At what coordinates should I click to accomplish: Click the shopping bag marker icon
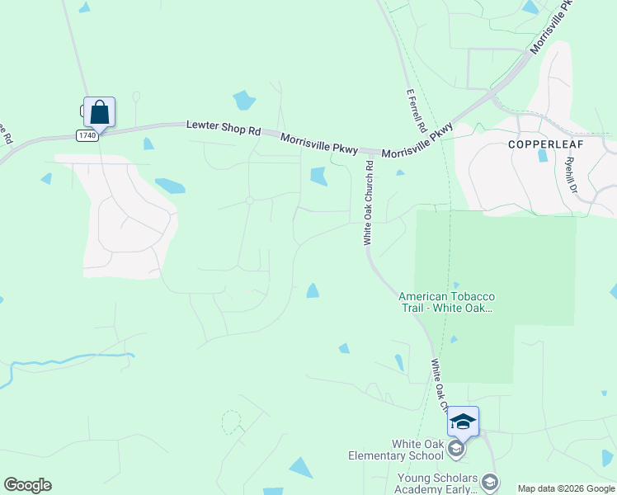(99, 111)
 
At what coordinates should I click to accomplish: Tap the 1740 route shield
(87, 134)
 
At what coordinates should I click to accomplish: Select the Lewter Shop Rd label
(224, 129)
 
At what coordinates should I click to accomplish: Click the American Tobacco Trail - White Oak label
(445, 303)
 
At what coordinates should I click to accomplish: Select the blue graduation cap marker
(463, 422)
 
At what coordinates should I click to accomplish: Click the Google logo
(27, 485)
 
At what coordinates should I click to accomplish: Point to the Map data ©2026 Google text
(566, 488)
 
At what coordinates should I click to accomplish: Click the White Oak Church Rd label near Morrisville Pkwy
(370, 202)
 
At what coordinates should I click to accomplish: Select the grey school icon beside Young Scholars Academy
(490, 482)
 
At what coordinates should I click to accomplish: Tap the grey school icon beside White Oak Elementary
(457, 450)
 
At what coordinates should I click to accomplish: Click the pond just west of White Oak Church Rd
(317, 176)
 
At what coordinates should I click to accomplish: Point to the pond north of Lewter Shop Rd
(243, 101)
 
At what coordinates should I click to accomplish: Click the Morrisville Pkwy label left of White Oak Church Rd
(318, 143)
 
